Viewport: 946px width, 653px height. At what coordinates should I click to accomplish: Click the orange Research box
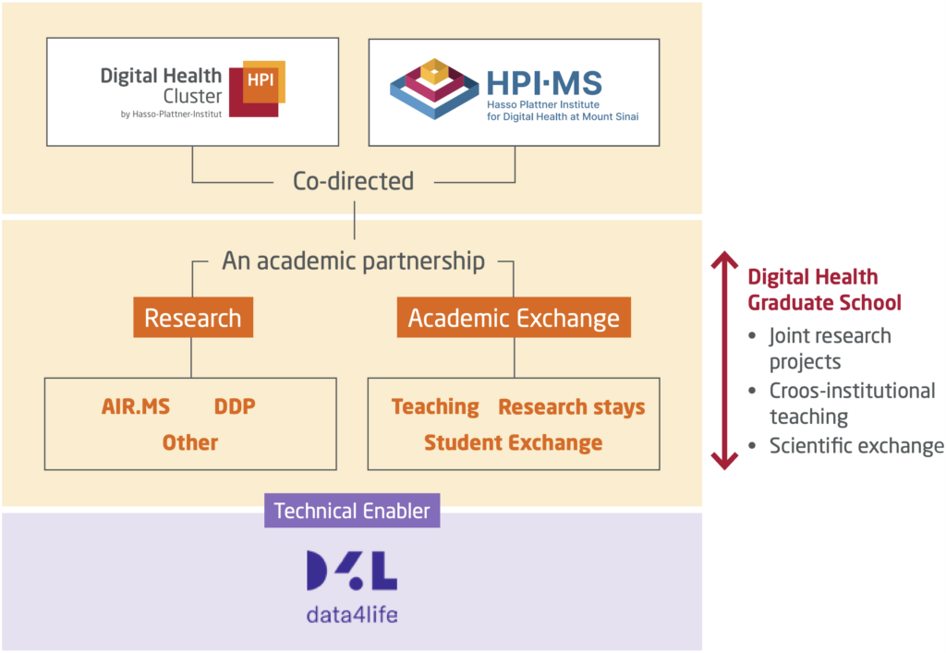[193, 319]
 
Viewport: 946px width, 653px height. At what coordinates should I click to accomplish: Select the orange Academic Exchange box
[514, 319]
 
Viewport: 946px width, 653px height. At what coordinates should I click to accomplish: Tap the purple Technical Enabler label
[352, 510]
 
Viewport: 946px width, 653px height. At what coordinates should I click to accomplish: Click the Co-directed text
[353, 181]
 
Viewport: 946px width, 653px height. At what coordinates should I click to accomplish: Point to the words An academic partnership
[353, 260]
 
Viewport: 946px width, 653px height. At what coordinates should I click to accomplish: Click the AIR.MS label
[136, 406]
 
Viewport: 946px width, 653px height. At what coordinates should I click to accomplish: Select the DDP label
[235, 406]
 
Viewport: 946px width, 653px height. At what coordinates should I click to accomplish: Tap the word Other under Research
[190, 442]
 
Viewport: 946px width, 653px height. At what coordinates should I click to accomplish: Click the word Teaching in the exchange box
[435, 406]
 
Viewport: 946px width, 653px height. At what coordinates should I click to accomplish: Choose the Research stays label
[571, 406]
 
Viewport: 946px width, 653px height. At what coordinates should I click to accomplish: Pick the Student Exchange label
[513, 442]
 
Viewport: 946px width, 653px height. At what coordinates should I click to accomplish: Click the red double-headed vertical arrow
[723, 360]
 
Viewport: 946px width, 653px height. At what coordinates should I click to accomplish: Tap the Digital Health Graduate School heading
[824, 289]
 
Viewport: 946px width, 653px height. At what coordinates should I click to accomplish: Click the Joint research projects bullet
[830, 347]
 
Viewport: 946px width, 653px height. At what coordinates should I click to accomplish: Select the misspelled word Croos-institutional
[852, 391]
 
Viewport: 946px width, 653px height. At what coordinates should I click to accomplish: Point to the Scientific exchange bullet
[856, 446]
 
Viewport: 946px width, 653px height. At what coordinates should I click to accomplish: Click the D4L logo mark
[352, 572]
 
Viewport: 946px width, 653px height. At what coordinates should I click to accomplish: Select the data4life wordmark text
[352, 613]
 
